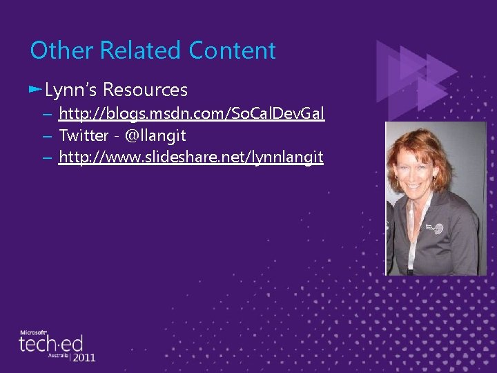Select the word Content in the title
click(232, 50)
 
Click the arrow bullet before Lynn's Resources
click(35, 89)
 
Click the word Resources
click(145, 90)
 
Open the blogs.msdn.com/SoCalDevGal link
click(191, 113)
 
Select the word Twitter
click(84, 135)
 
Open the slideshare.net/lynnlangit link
click(191, 157)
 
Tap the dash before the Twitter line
click(46, 136)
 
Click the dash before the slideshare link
click(46, 158)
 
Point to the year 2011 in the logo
click(83, 357)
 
